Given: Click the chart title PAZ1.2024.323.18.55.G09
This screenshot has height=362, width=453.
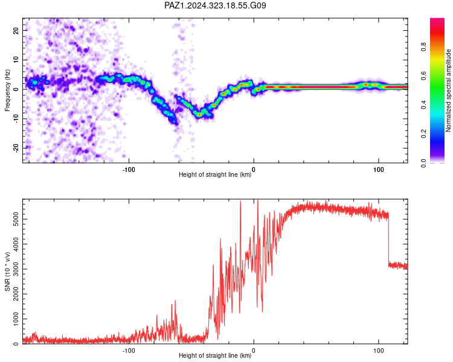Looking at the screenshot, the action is click(215, 5).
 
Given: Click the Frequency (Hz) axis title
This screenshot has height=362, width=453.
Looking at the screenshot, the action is click(7, 91).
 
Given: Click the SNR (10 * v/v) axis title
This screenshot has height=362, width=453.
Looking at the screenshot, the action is click(7, 271).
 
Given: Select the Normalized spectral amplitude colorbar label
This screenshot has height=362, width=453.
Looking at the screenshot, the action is click(448, 91).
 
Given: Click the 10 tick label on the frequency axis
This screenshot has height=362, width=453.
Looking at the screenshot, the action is click(16, 60).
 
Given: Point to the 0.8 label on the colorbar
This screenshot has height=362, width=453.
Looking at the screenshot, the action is click(423, 46).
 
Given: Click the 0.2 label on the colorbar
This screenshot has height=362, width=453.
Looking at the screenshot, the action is click(423, 133).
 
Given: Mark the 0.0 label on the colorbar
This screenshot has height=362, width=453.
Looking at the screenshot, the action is click(423, 163).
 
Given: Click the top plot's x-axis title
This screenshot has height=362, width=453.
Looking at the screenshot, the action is click(215, 174).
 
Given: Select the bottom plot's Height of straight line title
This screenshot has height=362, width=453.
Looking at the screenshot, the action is click(215, 355).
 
